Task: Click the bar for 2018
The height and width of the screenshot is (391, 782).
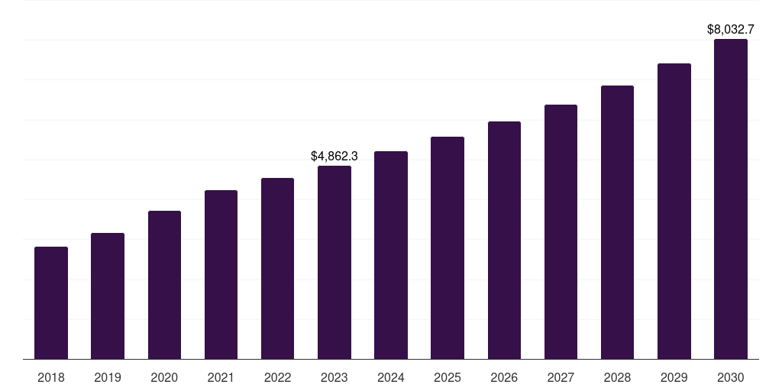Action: point(51,303)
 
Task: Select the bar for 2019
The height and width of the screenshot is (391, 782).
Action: point(108,296)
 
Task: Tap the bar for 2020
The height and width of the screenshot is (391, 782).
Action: point(164,285)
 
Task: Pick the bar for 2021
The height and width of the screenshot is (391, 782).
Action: point(221,275)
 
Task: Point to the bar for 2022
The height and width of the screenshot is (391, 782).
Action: point(277,269)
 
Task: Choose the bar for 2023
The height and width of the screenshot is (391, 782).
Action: point(334,263)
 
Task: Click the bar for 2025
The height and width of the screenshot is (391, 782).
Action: point(448,248)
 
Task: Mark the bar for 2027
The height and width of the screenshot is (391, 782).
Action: point(561,232)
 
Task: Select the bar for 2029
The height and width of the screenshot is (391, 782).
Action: point(674,212)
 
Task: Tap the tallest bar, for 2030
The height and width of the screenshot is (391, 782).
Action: point(731,199)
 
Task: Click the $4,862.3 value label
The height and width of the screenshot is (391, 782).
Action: point(334,156)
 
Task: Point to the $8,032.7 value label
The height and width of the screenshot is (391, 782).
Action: point(731,30)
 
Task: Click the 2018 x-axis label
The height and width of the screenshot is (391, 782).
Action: point(51,377)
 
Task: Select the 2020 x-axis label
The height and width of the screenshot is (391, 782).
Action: point(164,377)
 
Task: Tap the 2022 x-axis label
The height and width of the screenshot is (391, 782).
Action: point(277,377)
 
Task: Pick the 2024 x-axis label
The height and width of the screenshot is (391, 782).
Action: point(391,377)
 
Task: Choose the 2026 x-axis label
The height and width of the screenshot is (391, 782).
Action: point(504,377)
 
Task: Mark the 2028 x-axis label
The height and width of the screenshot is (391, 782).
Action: point(617,377)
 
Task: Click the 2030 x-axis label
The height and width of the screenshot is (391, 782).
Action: point(731,377)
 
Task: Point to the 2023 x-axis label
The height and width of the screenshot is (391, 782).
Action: point(334,377)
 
